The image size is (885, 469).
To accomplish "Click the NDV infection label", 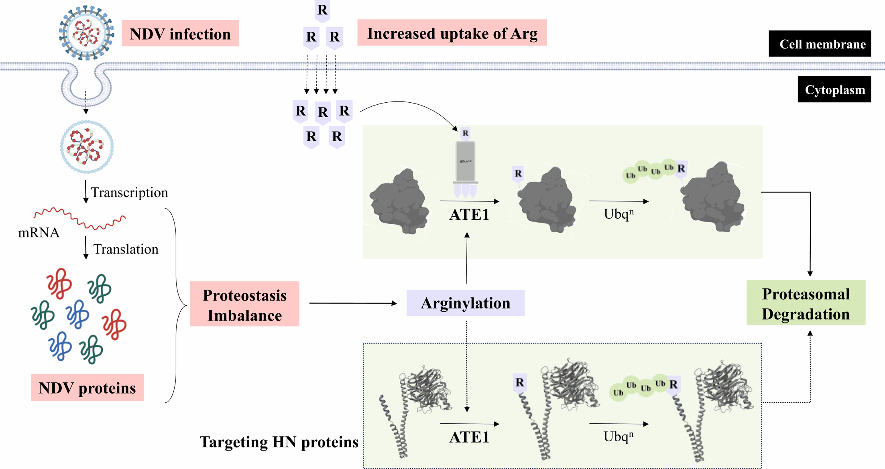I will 180,34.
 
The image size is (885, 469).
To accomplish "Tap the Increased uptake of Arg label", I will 452,33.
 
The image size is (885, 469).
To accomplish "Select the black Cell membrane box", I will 820,44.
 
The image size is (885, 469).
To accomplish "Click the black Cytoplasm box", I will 834,89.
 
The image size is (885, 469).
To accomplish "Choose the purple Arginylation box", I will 465,303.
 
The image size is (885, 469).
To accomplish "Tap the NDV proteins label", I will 87,388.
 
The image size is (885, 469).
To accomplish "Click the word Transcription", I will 129,193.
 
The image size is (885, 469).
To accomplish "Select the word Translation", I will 126,249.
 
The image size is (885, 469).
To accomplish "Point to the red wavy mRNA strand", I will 80,219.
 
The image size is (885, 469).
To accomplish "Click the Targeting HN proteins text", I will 279,442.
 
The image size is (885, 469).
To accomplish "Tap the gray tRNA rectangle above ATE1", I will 466,161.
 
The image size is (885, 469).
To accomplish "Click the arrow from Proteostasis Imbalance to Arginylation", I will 353,303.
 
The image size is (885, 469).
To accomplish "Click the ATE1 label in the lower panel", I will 469,437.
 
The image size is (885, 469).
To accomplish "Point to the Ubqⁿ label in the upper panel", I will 618,214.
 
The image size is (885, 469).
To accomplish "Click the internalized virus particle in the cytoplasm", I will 87,147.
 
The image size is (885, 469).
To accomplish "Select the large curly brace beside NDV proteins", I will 177,305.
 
